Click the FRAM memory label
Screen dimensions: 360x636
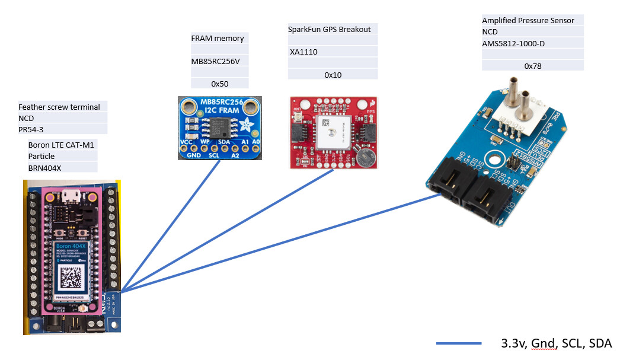tap(217, 39)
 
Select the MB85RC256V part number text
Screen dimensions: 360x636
tap(219, 61)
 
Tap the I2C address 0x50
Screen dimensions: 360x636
tap(219, 84)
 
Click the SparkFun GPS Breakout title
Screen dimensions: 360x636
tap(329, 29)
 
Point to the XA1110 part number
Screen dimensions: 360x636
tap(303, 52)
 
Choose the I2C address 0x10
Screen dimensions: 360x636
tap(333, 75)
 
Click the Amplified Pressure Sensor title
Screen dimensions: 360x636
tap(528, 21)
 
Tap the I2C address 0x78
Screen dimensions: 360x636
tap(533, 66)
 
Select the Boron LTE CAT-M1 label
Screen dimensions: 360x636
tap(61, 145)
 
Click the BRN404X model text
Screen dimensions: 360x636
tap(45, 168)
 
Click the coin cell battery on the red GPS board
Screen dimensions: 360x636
tap(365, 157)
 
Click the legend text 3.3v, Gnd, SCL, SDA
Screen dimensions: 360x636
tap(556, 343)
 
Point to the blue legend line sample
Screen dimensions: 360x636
tap(458, 343)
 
